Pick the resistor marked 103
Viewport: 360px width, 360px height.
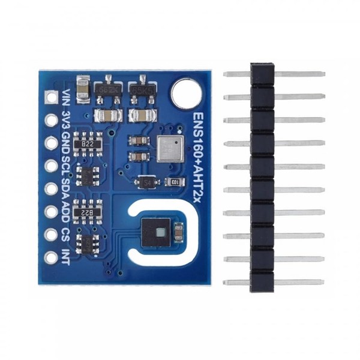(175, 182)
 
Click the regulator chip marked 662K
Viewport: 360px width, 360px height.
(109, 88)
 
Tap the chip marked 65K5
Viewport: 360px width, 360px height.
(142, 88)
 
